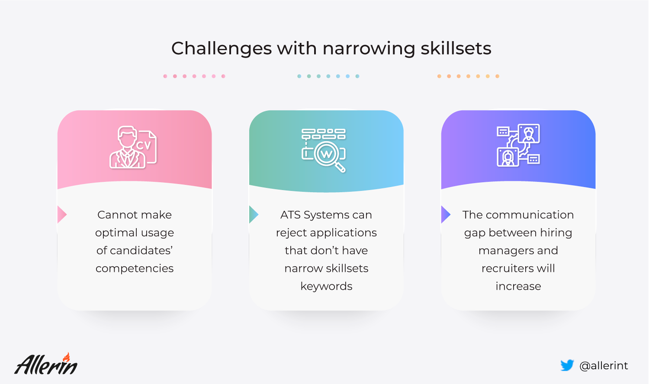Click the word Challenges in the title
pyautogui.click(x=222, y=49)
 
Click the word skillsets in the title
pyautogui.click(x=456, y=48)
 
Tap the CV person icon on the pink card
pyautogui.click(x=133, y=147)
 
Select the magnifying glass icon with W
pyautogui.click(x=324, y=150)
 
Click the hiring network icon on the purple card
pyautogui.click(x=518, y=145)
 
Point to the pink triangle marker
pyautogui.click(x=62, y=214)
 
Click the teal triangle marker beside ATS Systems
pyautogui.click(x=254, y=214)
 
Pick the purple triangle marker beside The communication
pyautogui.click(x=446, y=214)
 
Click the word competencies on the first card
pyautogui.click(x=135, y=269)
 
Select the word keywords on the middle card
pyautogui.click(x=326, y=286)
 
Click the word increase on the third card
pyautogui.click(x=518, y=286)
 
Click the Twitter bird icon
pyautogui.click(x=567, y=365)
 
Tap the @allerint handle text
pyautogui.click(x=604, y=366)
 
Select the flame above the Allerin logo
pyautogui.click(x=66, y=357)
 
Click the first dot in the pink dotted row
pyautogui.click(x=165, y=76)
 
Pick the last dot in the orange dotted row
pyautogui.click(x=497, y=76)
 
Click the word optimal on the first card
pyautogui.click(x=115, y=233)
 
